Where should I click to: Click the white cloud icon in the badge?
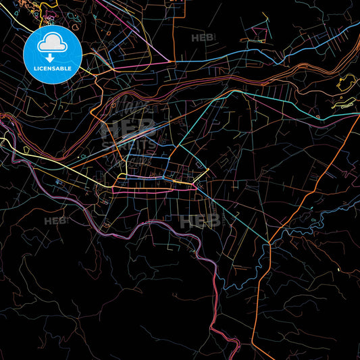point(52,43)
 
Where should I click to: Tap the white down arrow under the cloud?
point(52,57)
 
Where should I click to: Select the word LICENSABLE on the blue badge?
point(52,69)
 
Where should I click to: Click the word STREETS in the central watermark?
point(128,143)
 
